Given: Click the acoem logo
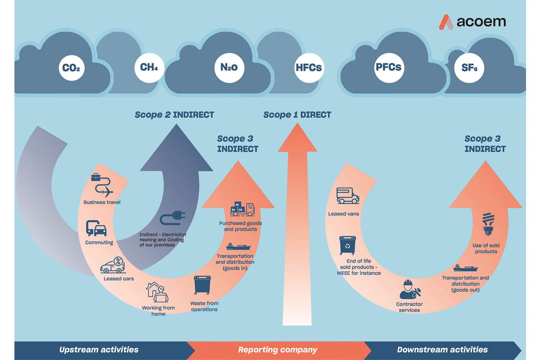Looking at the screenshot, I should (x=472, y=22).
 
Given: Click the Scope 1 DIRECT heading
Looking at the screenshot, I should (x=297, y=115).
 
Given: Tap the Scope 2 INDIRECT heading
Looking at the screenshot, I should (x=174, y=115).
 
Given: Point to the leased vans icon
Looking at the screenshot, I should (x=348, y=196).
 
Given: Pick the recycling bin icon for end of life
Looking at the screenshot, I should (x=347, y=245).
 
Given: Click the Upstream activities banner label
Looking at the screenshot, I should (x=99, y=350).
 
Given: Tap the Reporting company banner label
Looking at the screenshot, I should (x=278, y=350).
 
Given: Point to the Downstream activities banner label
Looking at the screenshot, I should (x=442, y=350).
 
